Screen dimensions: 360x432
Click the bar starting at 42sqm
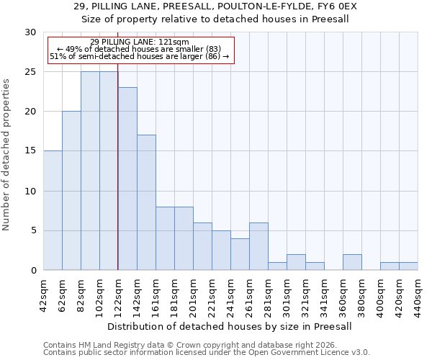pyautogui.click(x=53, y=210)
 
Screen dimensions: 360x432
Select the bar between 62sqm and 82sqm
pyautogui.click(x=71, y=191)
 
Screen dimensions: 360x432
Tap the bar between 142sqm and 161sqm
pyautogui.click(x=146, y=202)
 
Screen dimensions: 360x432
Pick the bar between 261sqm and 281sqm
pyautogui.click(x=258, y=246)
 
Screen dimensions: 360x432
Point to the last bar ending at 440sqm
pyautogui.click(x=408, y=266)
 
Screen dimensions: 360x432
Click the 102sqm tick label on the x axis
pyautogui.click(x=99, y=295)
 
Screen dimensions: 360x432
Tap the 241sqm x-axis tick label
pyautogui.click(x=230, y=295)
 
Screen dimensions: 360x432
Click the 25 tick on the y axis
pyautogui.click(x=30, y=72)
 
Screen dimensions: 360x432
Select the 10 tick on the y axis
pyautogui.click(x=30, y=191)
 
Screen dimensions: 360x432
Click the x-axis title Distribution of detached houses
pyautogui.click(x=230, y=326)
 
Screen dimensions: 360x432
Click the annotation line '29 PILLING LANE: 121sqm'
pyautogui.click(x=140, y=42)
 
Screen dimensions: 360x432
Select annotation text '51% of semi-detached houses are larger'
pyautogui.click(x=139, y=56)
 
